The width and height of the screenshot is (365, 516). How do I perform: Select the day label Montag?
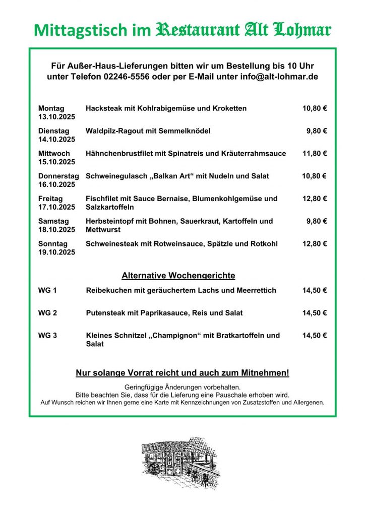click(51, 108)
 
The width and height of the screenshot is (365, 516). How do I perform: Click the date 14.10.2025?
click(56, 140)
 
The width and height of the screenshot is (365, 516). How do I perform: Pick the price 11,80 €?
click(315, 154)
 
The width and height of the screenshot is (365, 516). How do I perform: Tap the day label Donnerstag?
click(58, 176)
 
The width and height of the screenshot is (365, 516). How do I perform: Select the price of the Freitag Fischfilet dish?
click(315, 199)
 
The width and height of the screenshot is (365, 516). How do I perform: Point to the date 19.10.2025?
click(56, 252)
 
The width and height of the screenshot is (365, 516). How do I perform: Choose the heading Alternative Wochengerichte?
click(178, 276)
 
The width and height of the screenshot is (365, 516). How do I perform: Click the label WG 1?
click(47, 290)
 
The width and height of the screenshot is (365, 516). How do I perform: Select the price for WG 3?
click(315, 336)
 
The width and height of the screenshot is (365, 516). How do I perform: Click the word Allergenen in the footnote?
click(306, 403)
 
